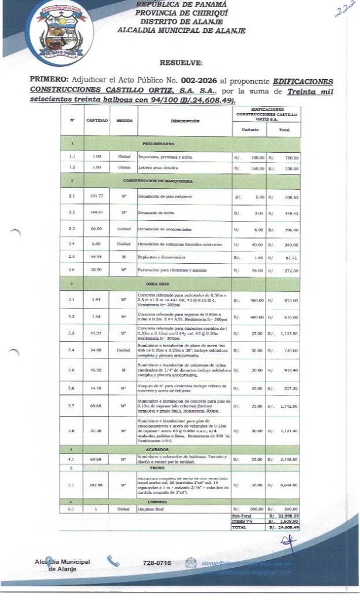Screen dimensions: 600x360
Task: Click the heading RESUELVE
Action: pos(181,62)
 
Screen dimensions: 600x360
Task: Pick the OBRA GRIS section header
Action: pos(157,284)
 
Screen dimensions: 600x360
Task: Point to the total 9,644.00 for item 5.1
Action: pos(287,485)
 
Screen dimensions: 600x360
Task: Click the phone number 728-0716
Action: pos(157,562)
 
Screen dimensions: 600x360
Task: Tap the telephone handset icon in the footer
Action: pos(113,561)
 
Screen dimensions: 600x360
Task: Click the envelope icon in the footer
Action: pos(191,562)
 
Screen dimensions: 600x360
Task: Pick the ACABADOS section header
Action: pos(157,449)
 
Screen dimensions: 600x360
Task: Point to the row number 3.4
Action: pos(72,350)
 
